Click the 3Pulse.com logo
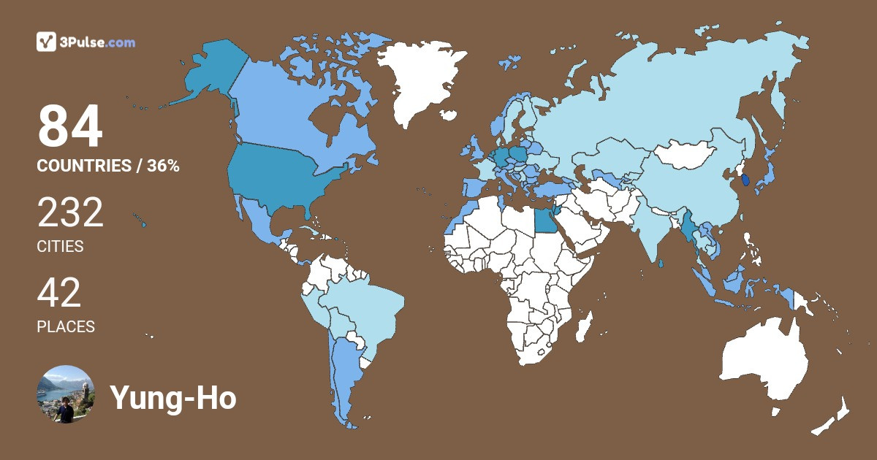coord(86,42)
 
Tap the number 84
coord(70,127)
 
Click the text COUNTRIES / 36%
coord(108,166)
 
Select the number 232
coord(70,214)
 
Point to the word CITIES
coord(60,247)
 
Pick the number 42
coord(59,294)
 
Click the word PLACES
coord(66,327)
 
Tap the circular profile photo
coord(66,394)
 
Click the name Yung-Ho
coord(173,397)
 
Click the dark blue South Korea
coord(745,180)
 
